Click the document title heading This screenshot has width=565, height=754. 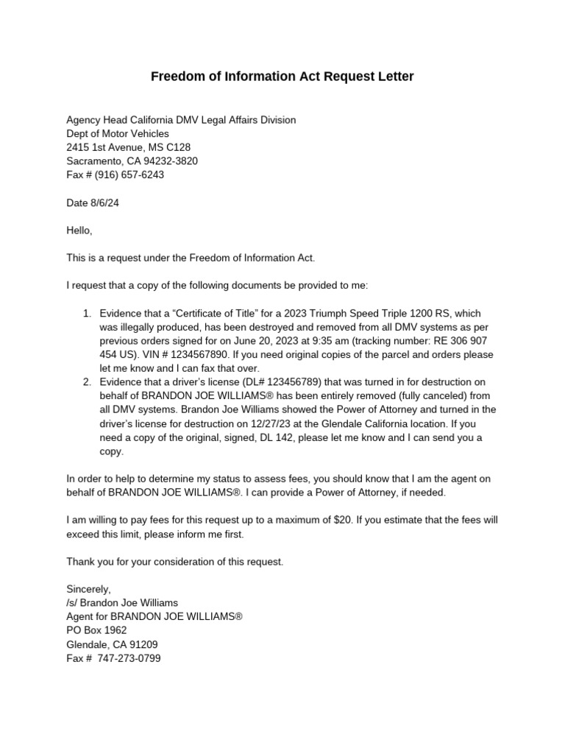click(282, 77)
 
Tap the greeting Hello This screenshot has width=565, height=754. click(79, 230)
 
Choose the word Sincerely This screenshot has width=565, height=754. click(88, 589)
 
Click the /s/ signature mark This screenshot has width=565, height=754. click(74, 603)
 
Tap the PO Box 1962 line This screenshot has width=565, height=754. click(96, 630)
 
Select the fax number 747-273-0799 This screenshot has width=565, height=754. click(132, 658)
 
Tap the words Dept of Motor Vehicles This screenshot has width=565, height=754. click(118, 133)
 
